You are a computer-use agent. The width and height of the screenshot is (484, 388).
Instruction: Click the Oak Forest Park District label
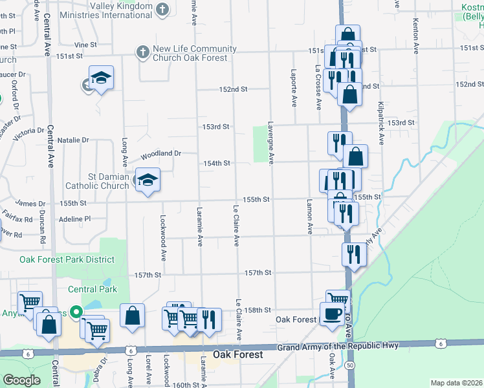pyautogui.click(x=67, y=259)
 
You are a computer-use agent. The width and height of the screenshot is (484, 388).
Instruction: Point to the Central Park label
pyautogui.click(x=93, y=289)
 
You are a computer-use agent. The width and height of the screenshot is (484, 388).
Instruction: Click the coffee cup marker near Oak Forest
pyautogui.click(x=333, y=314)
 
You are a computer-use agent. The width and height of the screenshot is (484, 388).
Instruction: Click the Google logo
pyautogui.click(x=21, y=380)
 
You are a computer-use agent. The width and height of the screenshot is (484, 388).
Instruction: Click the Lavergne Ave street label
pyautogui.click(x=272, y=142)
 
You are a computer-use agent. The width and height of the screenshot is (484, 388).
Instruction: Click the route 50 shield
pyautogui.click(x=349, y=365)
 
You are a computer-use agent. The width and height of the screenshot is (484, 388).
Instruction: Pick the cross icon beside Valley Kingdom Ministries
pyautogui.click(x=162, y=9)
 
